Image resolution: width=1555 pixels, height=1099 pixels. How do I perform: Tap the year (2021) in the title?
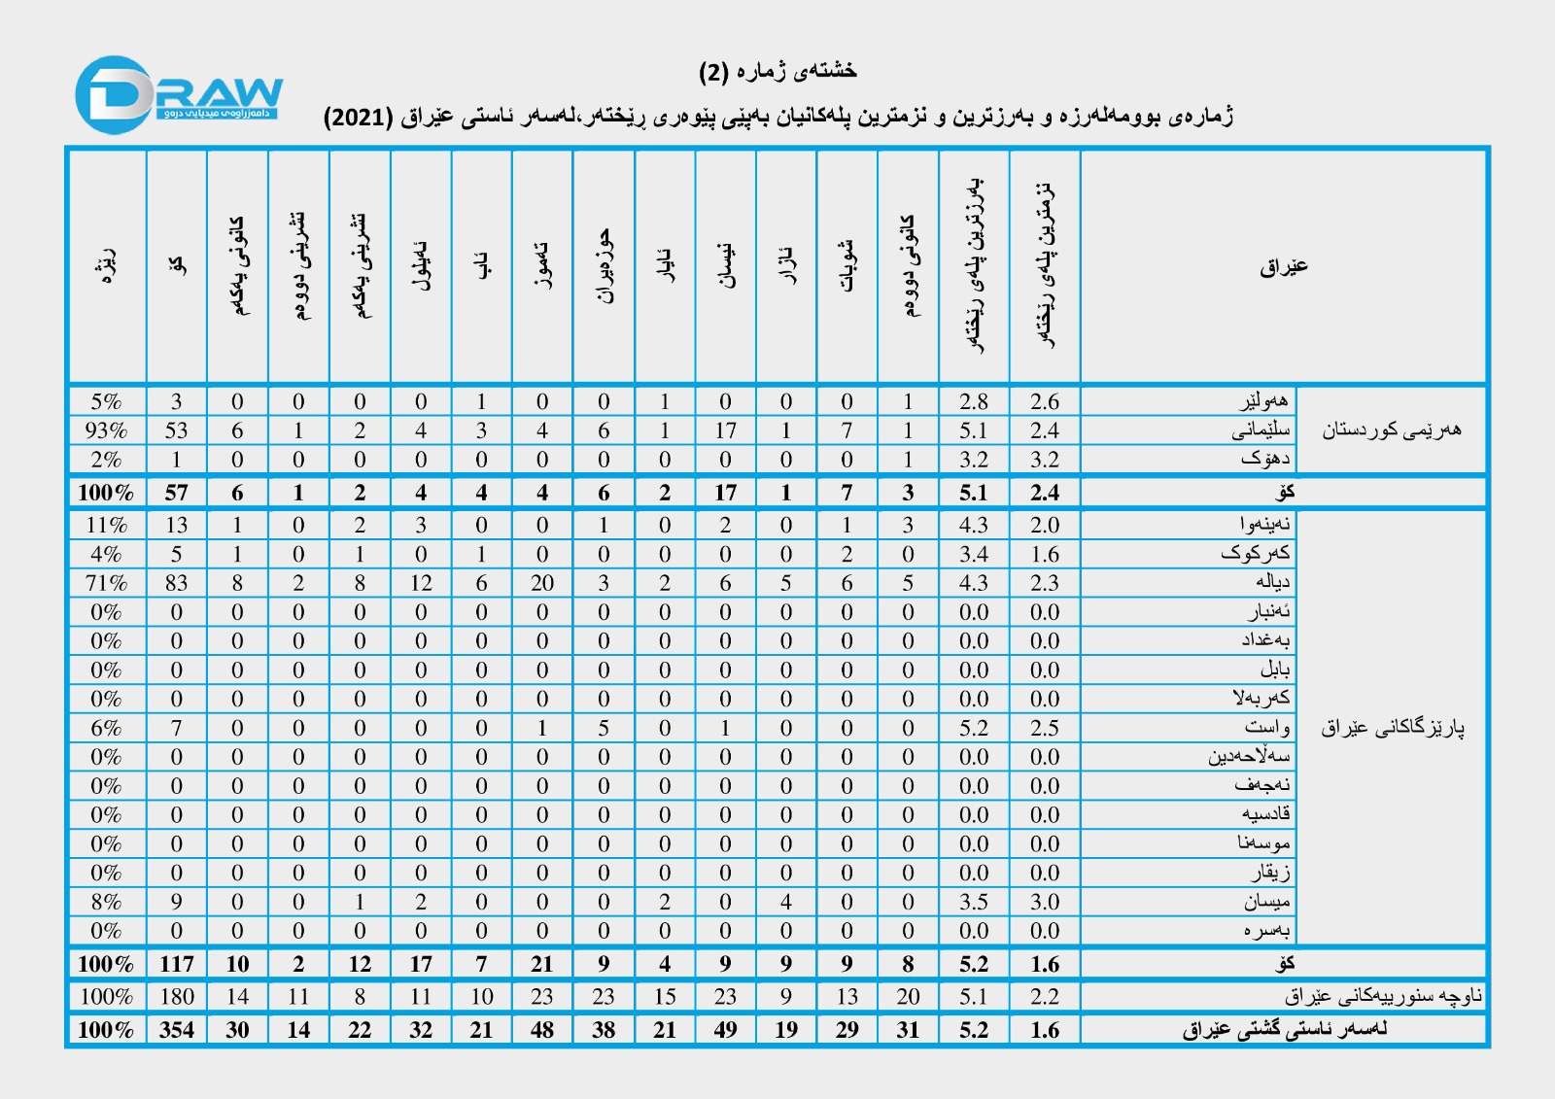tap(358, 118)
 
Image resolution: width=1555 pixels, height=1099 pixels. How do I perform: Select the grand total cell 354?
tap(176, 1030)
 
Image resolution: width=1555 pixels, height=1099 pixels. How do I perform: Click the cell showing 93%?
tap(106, 430)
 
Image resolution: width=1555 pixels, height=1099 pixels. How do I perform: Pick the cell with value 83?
tap(176, 583)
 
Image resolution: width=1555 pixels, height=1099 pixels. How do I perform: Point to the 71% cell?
tap(106, 583)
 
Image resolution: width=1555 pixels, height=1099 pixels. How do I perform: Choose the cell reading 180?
tap(176, 997)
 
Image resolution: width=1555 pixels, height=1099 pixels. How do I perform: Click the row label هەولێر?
tap(1263, 400)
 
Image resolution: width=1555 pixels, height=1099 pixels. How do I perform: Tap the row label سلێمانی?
tap(1261, 429)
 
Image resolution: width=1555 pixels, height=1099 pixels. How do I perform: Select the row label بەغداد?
tap(1264, 640)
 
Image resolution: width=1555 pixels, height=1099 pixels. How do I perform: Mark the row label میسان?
tap(1266, 902)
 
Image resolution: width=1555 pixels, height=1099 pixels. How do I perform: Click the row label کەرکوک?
tap(1256, 553)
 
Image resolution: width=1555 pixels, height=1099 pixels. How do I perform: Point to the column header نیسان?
tap(725, 266)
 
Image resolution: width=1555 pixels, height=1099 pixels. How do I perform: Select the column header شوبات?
tap(847, 266)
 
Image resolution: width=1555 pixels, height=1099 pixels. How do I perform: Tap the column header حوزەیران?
tap(604, 266)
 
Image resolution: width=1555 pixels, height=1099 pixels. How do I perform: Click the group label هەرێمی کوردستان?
tap(1391, 429)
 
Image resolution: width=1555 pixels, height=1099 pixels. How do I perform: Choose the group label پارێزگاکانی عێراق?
tap(1392, 727)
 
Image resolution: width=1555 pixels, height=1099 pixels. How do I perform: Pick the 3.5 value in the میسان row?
tap(973, 902)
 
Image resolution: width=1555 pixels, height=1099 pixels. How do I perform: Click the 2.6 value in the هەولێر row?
tap(1045, 401)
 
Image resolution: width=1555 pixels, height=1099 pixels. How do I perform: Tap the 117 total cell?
tap(176, 964)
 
